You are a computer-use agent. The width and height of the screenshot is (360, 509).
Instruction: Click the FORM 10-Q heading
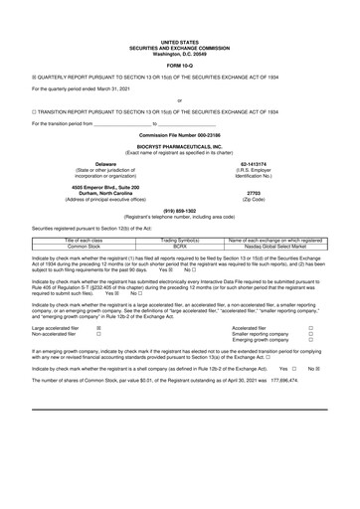click(180, 39)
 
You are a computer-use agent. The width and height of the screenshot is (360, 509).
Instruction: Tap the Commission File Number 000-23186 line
click(180, 132)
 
